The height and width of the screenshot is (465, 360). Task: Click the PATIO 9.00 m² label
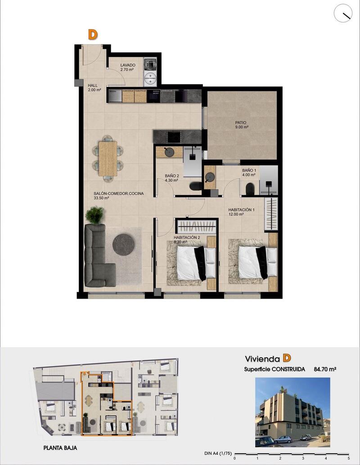(x=241, y=125)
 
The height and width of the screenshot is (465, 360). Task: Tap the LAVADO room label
(x=128, y=67)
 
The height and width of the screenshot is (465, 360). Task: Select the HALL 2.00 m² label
(x=94, y=87)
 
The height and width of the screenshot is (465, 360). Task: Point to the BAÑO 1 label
(x=249, y=173)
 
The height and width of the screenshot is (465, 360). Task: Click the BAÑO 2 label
(x=171, y=178)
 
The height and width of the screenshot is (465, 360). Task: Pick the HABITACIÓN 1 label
(x=242, y=212)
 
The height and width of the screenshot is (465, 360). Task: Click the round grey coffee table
(x=123, y=245)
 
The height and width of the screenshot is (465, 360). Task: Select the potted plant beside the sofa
(x=94, y=215)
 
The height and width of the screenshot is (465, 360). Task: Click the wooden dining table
(x=108, y=158)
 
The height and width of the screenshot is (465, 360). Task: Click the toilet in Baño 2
(x=196, y=186)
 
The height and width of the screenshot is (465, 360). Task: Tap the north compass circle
(x=343, y=13)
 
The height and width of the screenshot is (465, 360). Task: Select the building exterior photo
(x=292, y=412)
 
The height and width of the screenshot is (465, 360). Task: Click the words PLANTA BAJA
(x=63, y=448)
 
